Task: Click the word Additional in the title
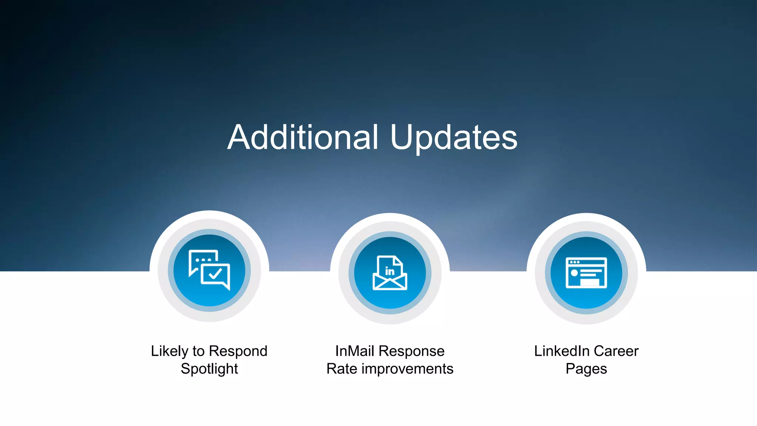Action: [303, 137]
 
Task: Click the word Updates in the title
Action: [454, 137]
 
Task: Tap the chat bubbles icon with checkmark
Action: [209, 270]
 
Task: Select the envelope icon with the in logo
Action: [390, 273]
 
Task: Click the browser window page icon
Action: [586, 273]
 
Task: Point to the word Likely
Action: [169, 351]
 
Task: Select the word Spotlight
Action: [209, 369]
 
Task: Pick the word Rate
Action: [342, 369]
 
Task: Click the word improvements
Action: [407, 369]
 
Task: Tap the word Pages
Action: [586, 369]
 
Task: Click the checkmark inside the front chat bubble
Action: [215, 274]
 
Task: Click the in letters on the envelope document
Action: [390, 271]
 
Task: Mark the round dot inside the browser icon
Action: [574, 273]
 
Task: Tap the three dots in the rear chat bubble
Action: [203, 260]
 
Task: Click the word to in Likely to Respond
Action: [198, 351]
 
